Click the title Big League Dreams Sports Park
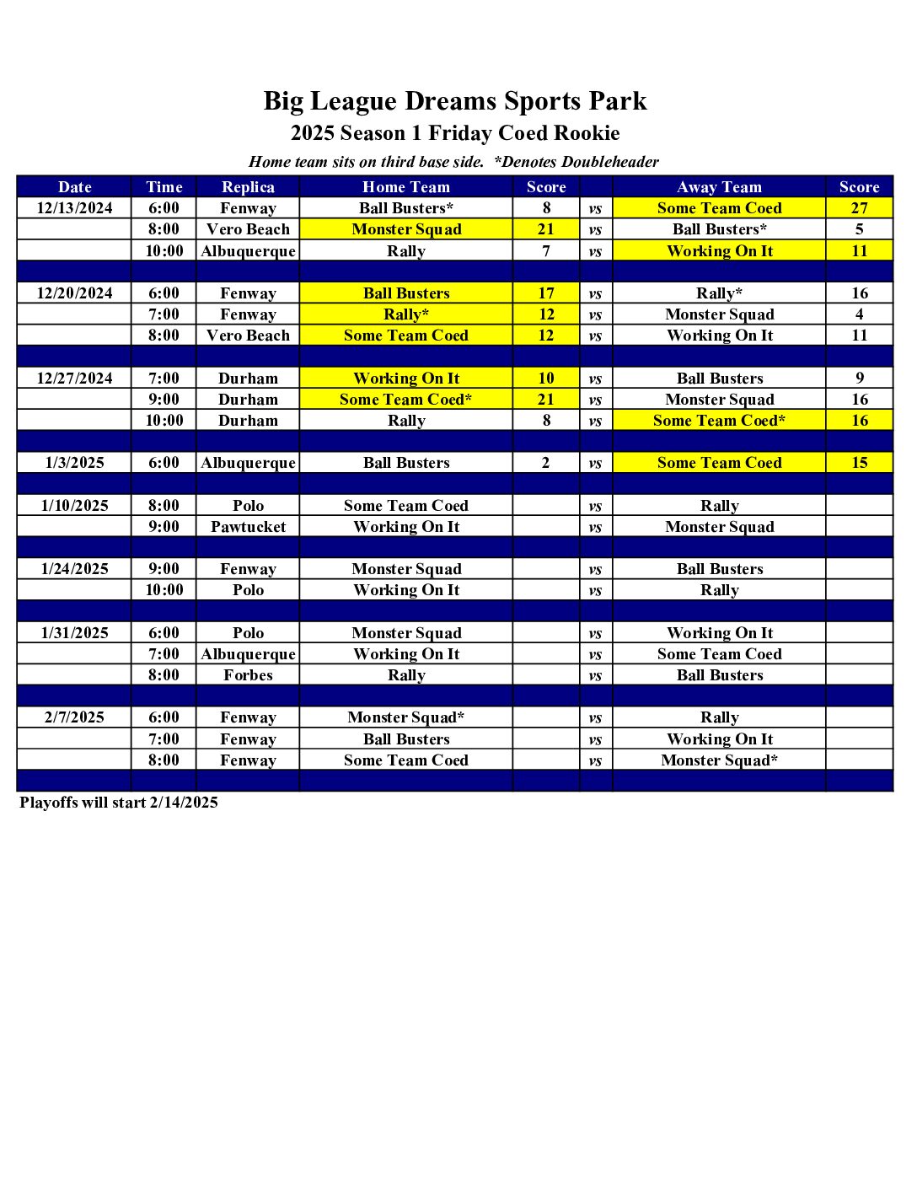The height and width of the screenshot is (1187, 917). tap(455, 101)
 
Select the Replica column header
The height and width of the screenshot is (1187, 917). tap(248, 187)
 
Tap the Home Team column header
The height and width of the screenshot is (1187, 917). tap(405, 187)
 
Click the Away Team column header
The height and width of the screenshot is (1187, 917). tap(719, 187)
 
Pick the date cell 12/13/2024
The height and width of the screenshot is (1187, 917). tap(74, 208)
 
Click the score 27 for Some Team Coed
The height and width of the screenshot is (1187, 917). tap(859, 208)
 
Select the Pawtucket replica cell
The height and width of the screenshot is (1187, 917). tap(248, 527)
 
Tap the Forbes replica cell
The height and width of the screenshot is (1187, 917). tap(248, 675)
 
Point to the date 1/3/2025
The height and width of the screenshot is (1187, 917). tap(74, 463)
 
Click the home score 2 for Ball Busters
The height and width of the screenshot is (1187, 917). tap(545, 463)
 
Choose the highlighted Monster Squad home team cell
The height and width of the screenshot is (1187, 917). tap(405, 229)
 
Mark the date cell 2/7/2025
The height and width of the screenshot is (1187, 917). tap(74, 717)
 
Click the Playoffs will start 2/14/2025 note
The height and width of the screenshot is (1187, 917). tap(119, 803)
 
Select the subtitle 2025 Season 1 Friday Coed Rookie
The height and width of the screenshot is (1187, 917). tap(455, 133)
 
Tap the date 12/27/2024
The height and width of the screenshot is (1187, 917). tap(74, 379)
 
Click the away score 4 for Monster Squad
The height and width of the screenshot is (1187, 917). tap(859, 314)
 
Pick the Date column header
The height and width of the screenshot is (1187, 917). tap(74, 187)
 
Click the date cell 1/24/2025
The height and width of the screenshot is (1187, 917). tap(74, 569)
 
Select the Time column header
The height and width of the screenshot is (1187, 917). tap(164, 187)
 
